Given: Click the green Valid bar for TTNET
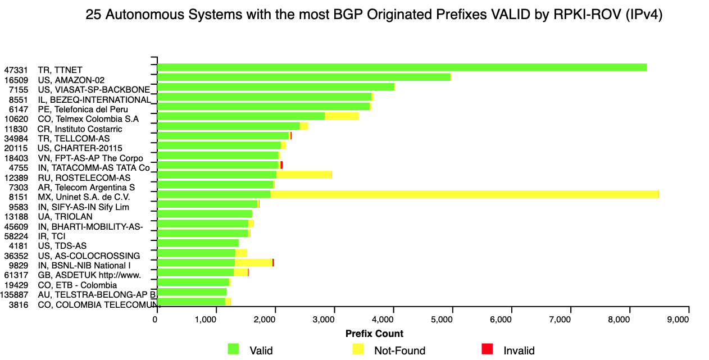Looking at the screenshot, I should (x=402, y=67).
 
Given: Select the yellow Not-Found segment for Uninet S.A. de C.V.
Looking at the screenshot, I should (x=464, y=194).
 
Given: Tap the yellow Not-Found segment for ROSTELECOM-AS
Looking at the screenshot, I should (x=304, y=175).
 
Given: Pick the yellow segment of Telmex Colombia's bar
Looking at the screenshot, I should (x=342, y=116).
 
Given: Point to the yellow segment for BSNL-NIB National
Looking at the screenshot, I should (x=253, y=262).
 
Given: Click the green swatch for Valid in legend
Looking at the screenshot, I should (x=233, y=349).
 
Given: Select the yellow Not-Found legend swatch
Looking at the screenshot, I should (x=358, y=349).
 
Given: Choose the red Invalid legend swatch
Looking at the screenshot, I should (x=487, y=349).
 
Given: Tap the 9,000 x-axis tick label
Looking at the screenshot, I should (x=686, y=320).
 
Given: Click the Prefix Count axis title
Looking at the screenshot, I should (x=374, y=334).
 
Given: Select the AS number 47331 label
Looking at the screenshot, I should (x=16, y=70).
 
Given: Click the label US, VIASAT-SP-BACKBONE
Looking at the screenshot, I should (x=94, y=90).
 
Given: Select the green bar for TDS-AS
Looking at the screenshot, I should (x=198, y=243).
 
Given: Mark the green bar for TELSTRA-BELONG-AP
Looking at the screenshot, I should (x=192, y=292).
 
